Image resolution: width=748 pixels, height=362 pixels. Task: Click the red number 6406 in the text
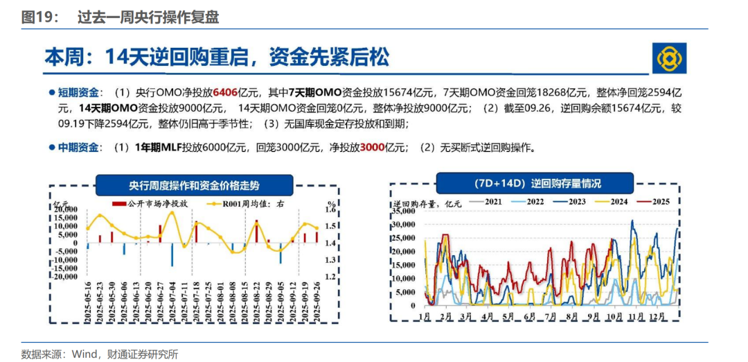(x=225, y=92)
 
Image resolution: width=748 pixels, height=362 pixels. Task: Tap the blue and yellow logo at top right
(x=670, y=58)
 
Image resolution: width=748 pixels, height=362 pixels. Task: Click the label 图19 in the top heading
(x=36, y=18)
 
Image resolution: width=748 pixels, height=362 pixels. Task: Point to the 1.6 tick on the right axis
(x=330, y=209)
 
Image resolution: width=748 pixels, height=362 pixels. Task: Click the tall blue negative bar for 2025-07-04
(x=172, y=254)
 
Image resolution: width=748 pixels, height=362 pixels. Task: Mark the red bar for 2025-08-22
(x=257, y=232)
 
